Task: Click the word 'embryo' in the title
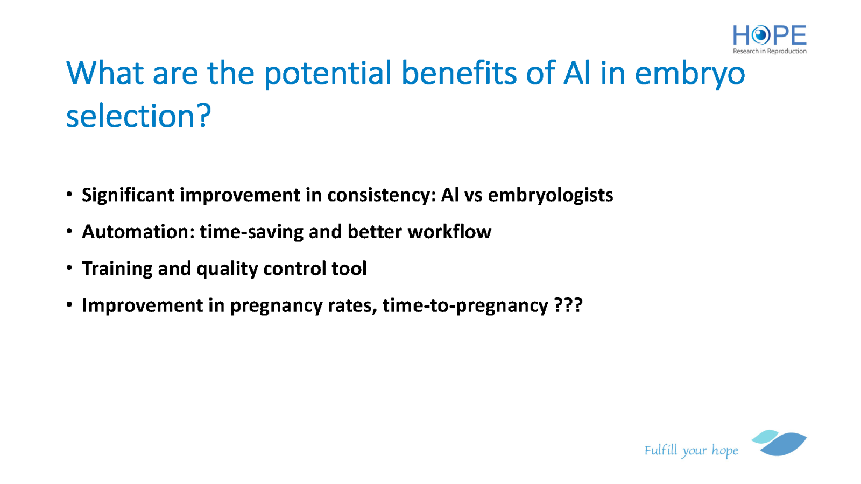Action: (690, 74)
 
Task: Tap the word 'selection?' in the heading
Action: (139, 116)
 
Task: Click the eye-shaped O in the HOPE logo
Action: (761, 35)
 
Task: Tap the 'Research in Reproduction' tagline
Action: (770, 51)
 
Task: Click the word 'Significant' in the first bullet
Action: (128, 195)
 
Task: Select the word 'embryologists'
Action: (551, 195)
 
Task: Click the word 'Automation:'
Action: (138, 232)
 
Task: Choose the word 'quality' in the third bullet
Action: (227, 269)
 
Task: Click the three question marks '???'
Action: (568, 305)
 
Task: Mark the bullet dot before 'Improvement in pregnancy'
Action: (69, 305)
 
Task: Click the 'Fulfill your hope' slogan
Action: (691, 450)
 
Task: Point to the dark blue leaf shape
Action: (784, 444)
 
